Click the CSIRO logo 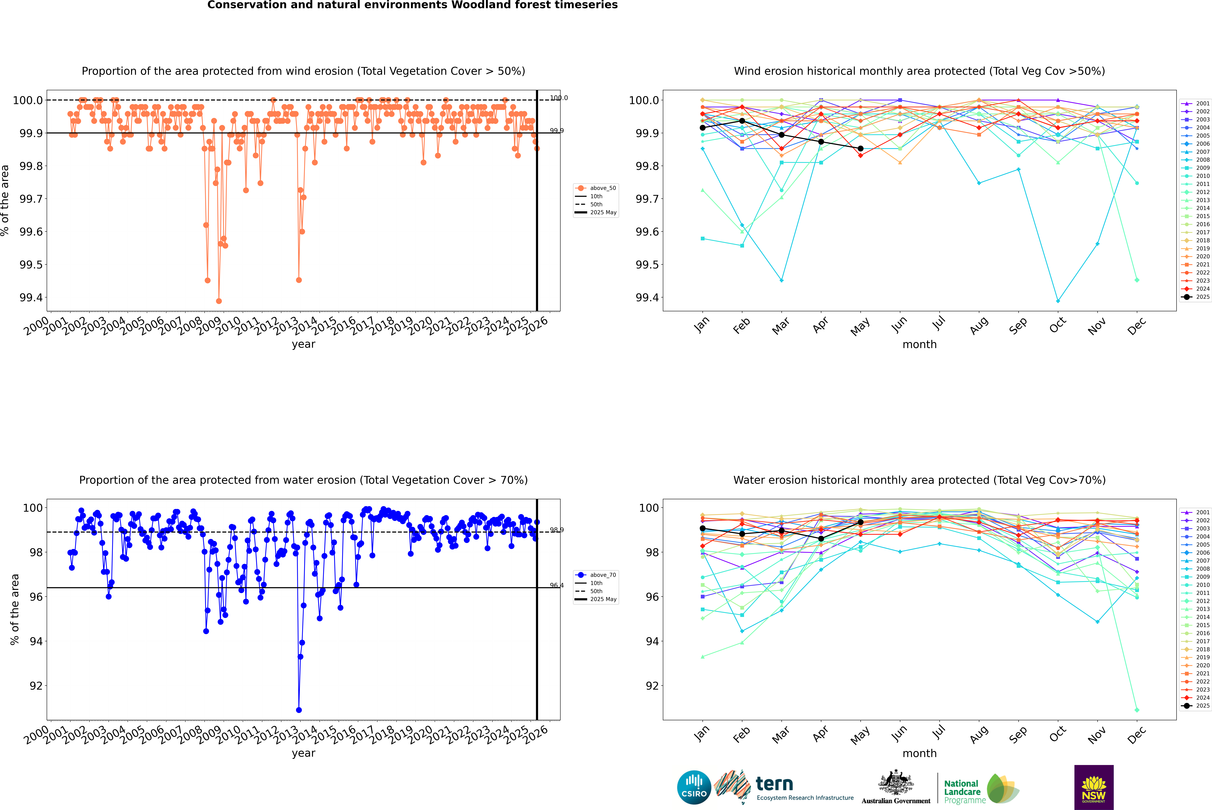tap(694, 787)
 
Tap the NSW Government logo tap(1094, 787)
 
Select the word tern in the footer tap(774, 784)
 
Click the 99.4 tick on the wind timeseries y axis tap(31, 298)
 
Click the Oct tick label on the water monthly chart tap(1058, 734)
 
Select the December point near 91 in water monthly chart tap(1137, 710)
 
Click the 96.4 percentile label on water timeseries tap(556, 585)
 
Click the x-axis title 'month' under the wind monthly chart tap(919, 345)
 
